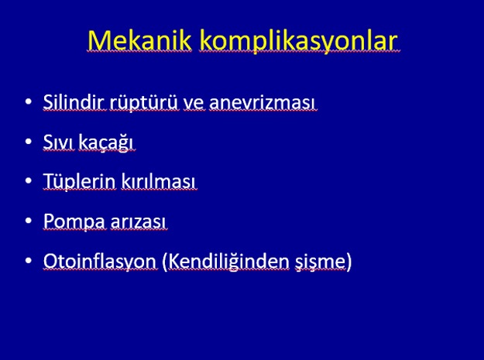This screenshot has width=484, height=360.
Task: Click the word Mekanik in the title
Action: click(139, 40)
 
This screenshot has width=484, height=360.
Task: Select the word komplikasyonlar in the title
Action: click(298, 41)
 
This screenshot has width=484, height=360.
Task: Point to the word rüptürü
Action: click(144, 103)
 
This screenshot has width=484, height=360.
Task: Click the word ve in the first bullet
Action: click(194, 105)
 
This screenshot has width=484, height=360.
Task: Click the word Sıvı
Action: click(59, 142)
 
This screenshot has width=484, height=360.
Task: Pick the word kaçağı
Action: click(106, 142)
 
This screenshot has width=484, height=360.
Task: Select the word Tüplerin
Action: click(80, 181)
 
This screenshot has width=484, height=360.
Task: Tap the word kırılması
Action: click(158, 181)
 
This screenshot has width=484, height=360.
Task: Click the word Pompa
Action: click(74, 221)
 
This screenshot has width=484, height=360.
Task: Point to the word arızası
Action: click(139, 223)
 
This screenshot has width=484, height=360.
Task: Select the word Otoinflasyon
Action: click(101, 262)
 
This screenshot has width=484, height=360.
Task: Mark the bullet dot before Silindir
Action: click(29, 101)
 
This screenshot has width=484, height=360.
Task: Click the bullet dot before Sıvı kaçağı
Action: click(29, 141)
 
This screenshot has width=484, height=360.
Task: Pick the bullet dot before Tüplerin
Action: click(29, 180)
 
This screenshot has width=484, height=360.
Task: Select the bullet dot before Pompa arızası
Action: click(29, 221)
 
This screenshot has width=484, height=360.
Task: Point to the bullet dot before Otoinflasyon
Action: click(29, 261)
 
